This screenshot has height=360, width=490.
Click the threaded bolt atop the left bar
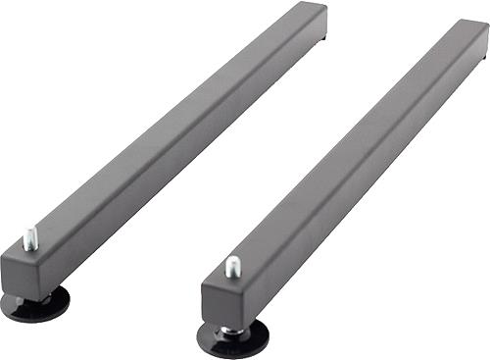pos(31,237)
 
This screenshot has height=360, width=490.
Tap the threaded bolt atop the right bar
pos(233,266)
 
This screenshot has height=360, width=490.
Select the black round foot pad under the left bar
pos(35,305)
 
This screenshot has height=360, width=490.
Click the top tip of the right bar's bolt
pos(232,258)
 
